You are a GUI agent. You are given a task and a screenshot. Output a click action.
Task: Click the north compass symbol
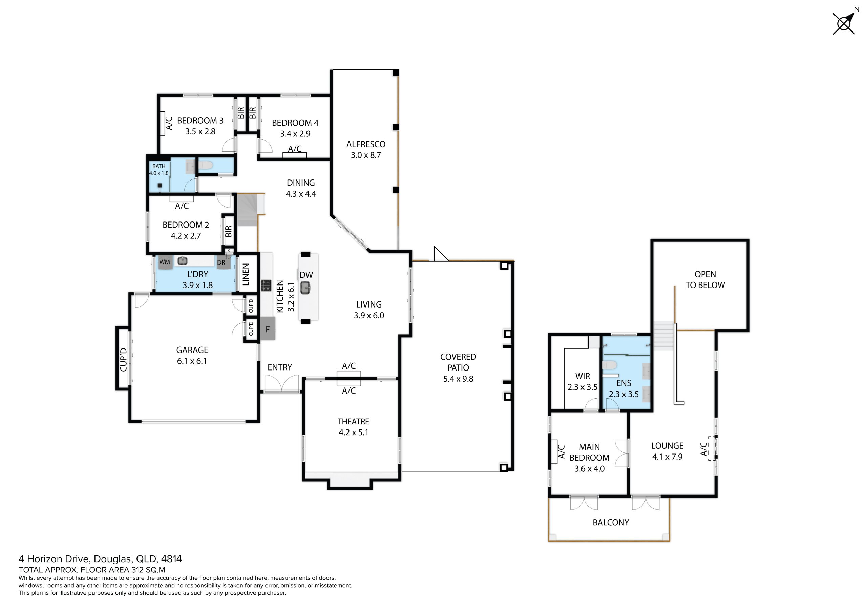[844, 23]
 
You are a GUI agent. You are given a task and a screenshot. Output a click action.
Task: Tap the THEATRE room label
[353, 422]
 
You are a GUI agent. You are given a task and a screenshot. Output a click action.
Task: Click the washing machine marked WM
[165, 262]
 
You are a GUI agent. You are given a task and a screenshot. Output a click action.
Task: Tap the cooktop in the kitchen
[266, 285]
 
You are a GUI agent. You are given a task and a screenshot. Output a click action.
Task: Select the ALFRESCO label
[366, 144]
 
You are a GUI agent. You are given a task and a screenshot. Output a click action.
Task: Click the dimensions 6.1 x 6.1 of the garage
[192, 361]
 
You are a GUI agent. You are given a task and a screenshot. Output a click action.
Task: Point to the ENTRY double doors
[282, 384]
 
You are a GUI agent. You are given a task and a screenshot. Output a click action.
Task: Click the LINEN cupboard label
[246, 275]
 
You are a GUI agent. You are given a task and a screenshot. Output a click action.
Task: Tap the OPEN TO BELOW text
[705, 279]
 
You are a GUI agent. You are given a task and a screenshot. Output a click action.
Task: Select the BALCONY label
[611, 522]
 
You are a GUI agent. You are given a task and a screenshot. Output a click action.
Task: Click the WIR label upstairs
[582, 376]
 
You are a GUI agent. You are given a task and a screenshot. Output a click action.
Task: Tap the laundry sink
[183, 261]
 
